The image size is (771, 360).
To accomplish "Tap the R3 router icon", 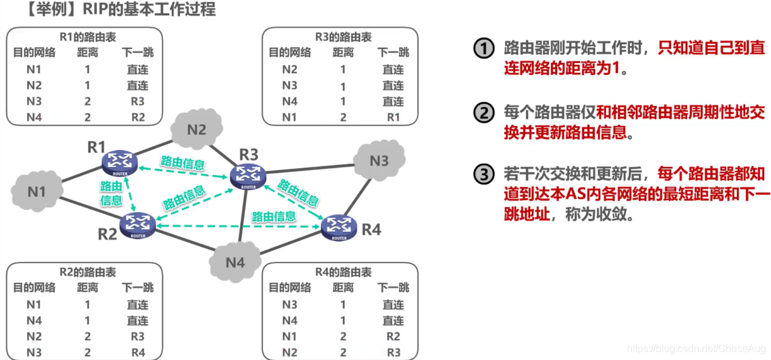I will pos(247,175).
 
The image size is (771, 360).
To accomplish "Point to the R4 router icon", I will pos(339,227).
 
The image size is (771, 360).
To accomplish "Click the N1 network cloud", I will pos(37,190).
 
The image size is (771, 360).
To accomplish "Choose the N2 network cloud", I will pos(197,130).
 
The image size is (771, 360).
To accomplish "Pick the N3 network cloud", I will pos(379,160).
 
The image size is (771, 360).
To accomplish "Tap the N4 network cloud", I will pos(235,261).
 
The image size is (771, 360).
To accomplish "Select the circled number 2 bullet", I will pos(484,113).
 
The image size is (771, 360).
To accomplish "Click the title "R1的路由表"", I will pos(87,38).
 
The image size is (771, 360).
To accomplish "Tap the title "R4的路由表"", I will pos(343,273).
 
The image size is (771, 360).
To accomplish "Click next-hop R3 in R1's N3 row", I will pos(137,101).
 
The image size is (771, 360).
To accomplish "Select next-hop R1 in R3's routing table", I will pos(393,117).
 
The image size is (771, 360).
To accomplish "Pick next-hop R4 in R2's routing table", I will pos(137,352).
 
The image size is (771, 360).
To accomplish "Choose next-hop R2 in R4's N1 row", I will pos(393,337).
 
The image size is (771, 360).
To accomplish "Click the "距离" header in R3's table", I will pos(343,53).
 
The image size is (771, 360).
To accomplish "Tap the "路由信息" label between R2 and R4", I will pos(274,217).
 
